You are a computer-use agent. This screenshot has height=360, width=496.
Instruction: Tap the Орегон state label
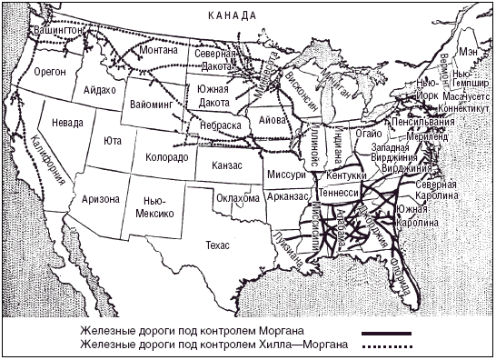pyautogui.click(x=51, y=74)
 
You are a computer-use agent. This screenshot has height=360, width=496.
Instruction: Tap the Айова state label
pyautogui.click(x=272, y=119)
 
